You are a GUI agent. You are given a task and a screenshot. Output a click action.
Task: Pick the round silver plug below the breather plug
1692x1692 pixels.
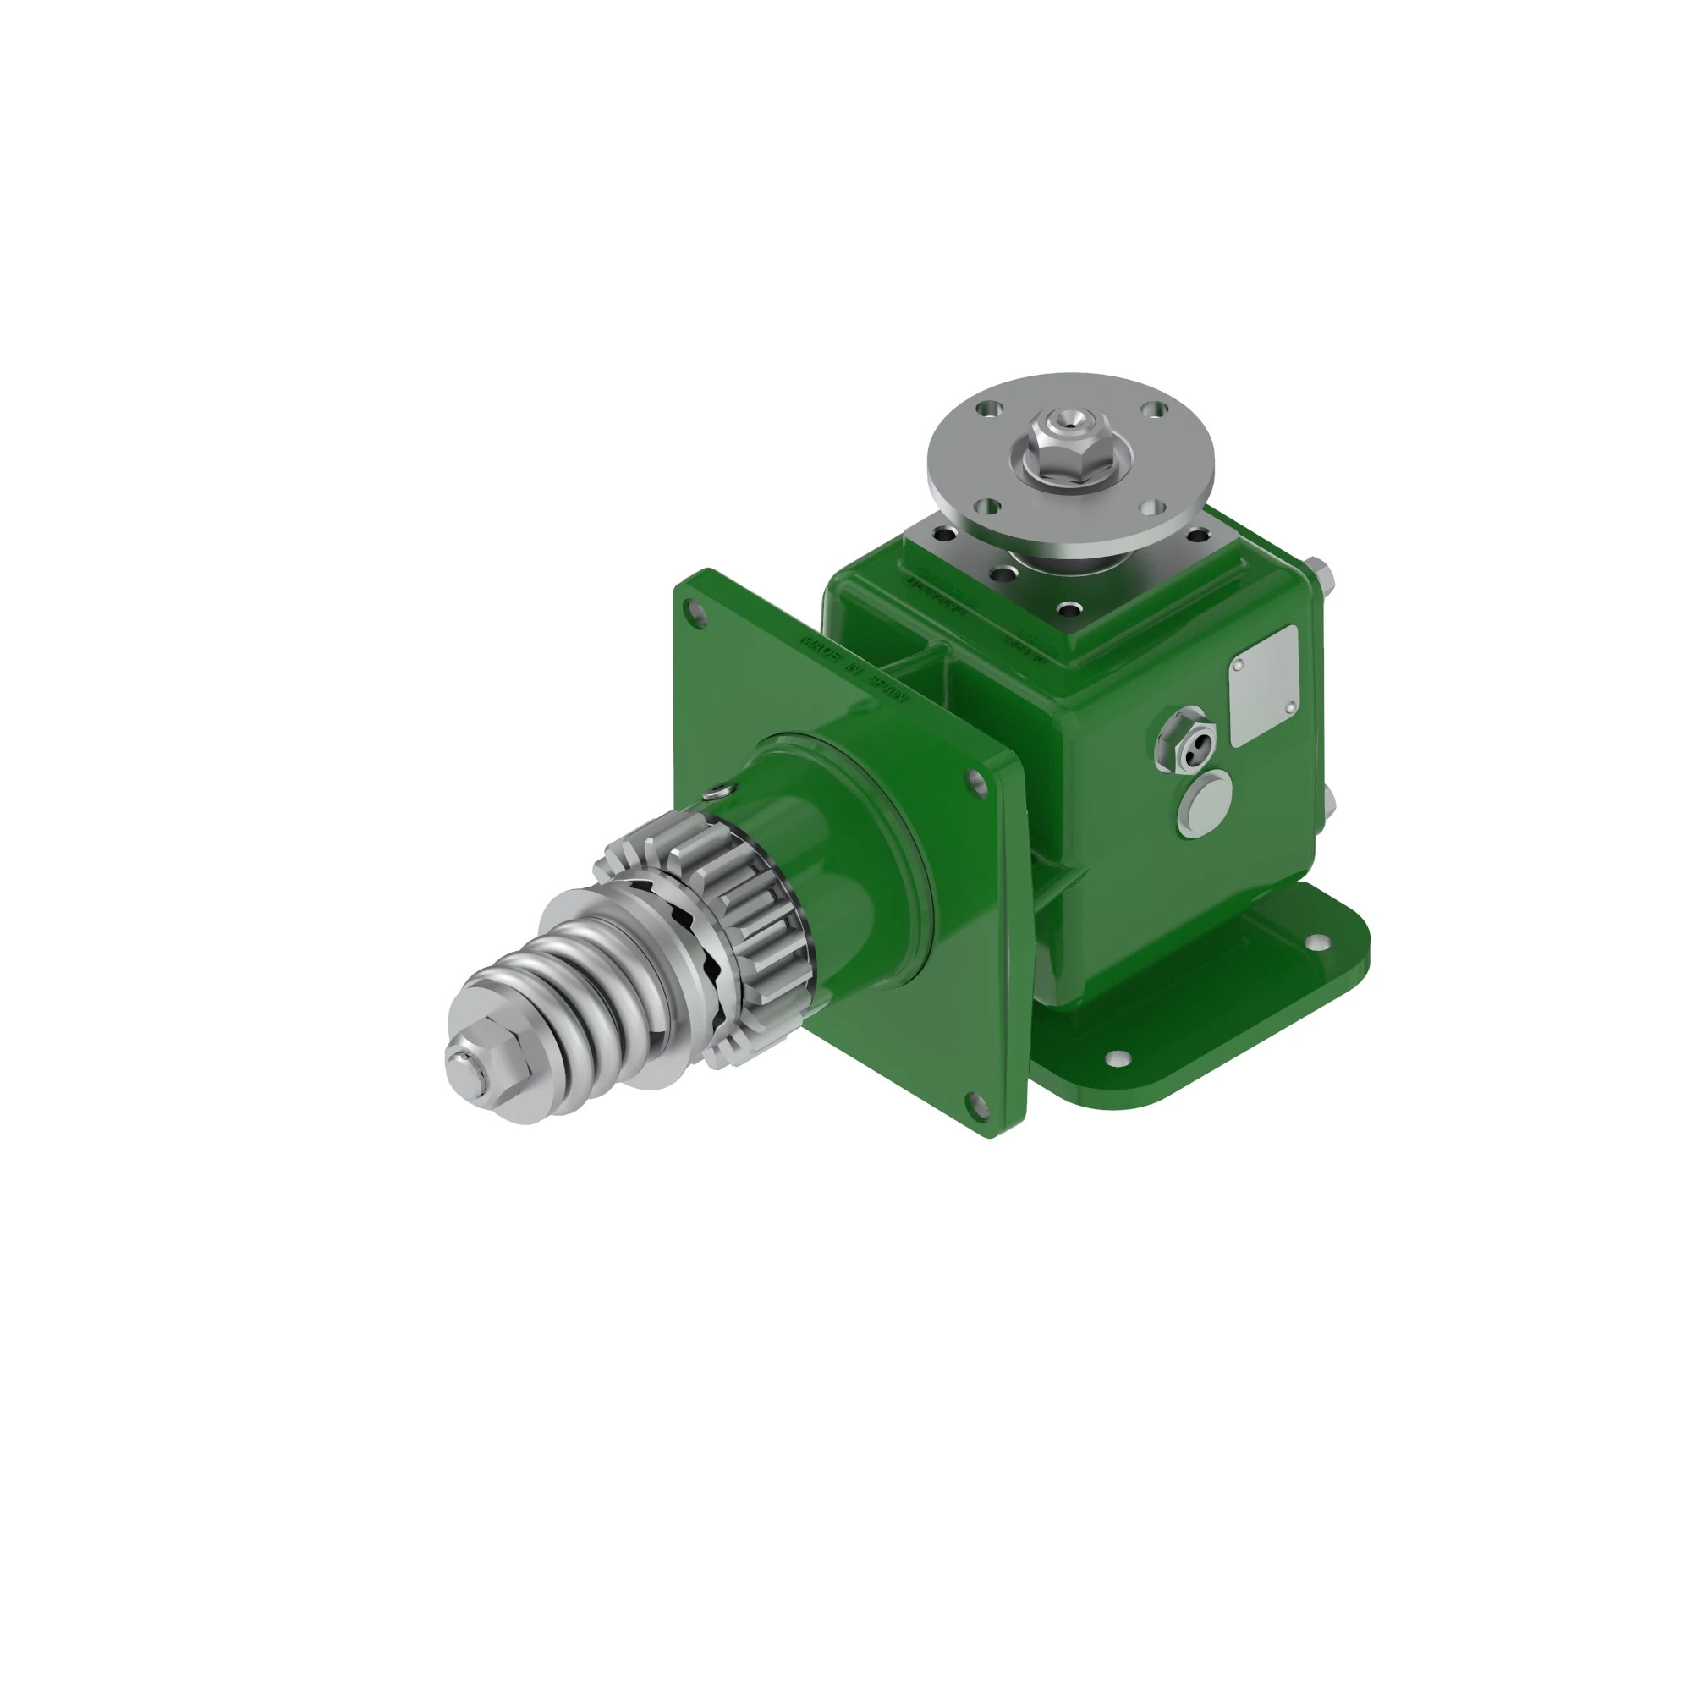1205,801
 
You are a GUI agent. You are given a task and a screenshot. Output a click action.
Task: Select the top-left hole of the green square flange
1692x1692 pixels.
697,612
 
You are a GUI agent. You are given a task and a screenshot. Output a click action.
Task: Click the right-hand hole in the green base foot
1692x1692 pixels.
1316,942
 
